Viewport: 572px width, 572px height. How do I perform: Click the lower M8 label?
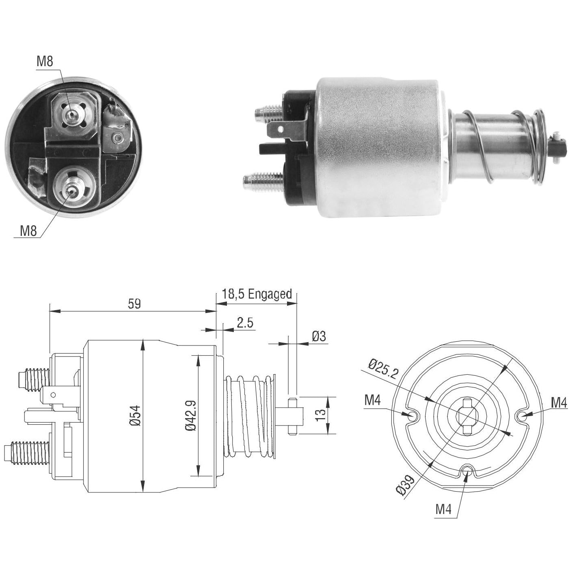click(x=28, y=231)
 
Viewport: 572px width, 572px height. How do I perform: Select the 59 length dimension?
click(x=134, y=304)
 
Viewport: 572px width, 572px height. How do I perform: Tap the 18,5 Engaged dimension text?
click(x=257, y=294)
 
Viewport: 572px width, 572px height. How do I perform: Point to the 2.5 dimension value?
click(x=245, y=323)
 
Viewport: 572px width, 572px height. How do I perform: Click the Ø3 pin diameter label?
click(x=319, y=336)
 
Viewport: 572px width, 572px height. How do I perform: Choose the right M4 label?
click(x=559, y=403)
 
